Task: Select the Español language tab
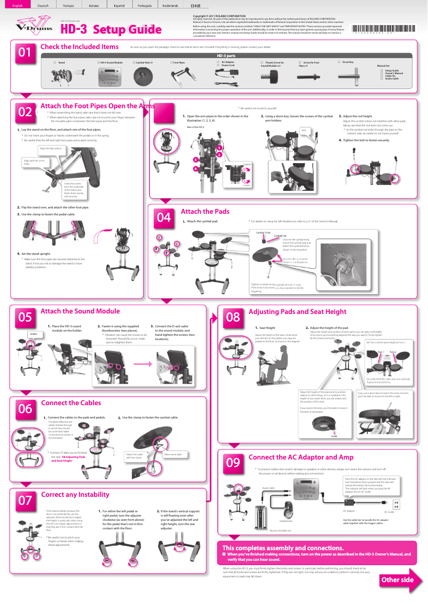click(119, 5)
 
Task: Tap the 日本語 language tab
click(196, 5)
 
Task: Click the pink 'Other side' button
click(397, 580)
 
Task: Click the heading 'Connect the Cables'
click(71, 402)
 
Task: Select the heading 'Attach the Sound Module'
click(80, 311)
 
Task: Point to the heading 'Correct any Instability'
click(75, 494)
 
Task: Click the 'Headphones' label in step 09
click(286, 521)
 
